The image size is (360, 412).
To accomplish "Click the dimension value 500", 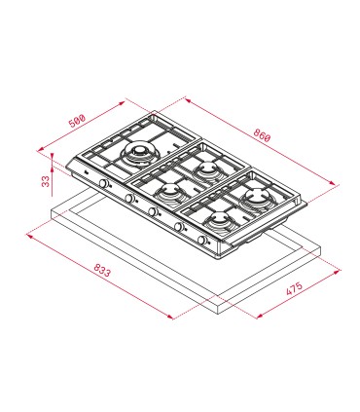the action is (77, 121).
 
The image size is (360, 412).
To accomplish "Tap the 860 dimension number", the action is (262, 135).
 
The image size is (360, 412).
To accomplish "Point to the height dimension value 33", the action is (46, 181).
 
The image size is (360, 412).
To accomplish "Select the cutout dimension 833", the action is (102, 270).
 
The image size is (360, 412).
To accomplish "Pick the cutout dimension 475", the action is (294, 288).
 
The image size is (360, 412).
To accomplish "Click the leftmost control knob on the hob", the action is (104, 184).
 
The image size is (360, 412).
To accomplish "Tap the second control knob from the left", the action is (129, 198).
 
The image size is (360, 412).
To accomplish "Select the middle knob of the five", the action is (153, 211).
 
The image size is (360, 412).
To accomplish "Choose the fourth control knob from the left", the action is (178, 227).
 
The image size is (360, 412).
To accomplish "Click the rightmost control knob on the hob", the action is (201, 241).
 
